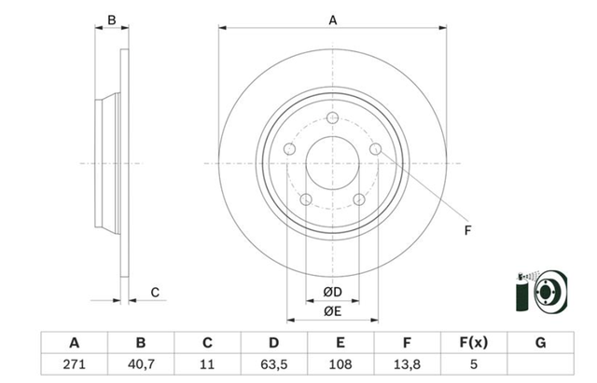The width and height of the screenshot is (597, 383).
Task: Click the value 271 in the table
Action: coord(75,364)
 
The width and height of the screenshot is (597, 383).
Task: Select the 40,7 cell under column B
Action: coord(141,364)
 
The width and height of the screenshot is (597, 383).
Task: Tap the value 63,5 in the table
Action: coord(273,364)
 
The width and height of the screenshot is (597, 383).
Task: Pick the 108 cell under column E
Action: coord(340,364)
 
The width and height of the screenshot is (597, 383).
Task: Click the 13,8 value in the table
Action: coord(407,364)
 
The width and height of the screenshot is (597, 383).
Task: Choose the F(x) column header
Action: coord(473,343)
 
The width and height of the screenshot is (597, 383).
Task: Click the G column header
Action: coord(541,343)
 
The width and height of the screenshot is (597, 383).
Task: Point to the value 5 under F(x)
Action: coord(473,364)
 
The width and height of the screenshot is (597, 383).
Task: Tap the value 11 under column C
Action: coord(207,364)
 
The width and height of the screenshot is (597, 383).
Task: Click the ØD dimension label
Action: coord(332,292)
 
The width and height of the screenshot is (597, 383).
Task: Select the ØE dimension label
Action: coord(332,311)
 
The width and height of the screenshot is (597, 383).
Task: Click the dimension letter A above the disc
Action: coord(333,20)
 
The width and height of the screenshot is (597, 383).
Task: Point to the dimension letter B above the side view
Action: coord(112,20)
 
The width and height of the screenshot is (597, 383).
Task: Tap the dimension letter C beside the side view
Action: coord(155,292)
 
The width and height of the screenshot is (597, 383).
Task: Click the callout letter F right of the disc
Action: coord(468,230)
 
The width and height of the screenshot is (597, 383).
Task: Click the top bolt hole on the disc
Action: coord(332,117)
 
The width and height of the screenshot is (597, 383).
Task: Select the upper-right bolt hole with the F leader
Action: coord(375,149)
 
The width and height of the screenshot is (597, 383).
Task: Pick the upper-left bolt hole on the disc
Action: coord(290,149)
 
